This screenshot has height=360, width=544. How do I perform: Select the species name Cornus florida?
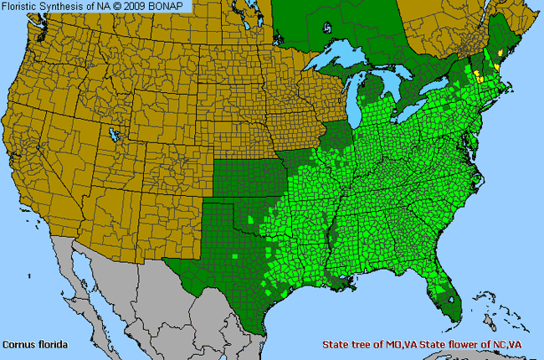[34, 344]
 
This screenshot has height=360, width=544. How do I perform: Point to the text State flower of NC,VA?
[478, 345]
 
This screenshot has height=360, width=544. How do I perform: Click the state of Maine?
[502, 42]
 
